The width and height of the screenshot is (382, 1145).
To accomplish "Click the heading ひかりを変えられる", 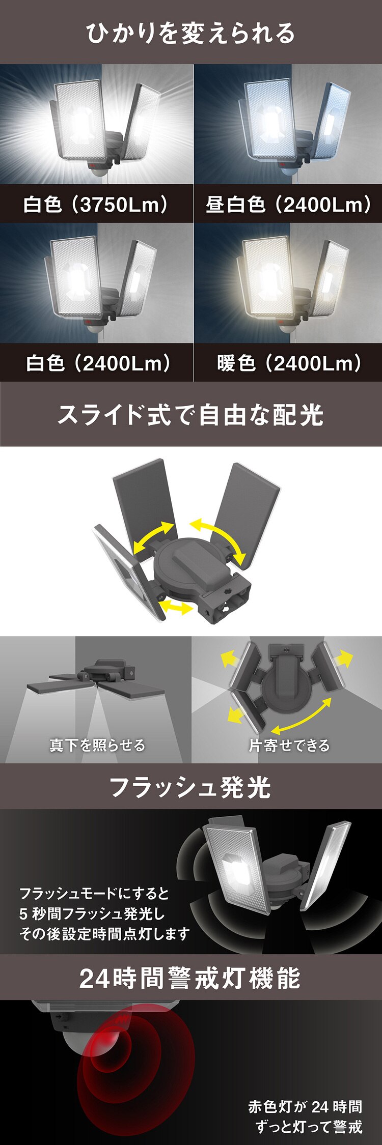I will [x=190, y=33].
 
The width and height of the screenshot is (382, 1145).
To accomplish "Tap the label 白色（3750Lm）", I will [x=96, y=205].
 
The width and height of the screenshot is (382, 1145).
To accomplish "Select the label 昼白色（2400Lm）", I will [x=288, y=205].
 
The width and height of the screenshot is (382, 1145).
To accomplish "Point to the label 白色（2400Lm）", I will [x=98, y=363].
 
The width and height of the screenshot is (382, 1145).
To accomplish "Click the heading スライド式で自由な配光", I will [x=190, y=415].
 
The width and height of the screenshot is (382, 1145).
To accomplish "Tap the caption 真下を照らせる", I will [x=97, y=745].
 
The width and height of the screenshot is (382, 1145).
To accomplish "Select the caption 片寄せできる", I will [x=289, y=745].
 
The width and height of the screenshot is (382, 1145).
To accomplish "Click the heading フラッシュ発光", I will [x=190, y=787].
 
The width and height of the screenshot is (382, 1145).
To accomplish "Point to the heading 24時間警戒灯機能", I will [x=190, y=978].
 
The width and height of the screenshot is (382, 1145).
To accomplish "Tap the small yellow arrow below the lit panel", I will [x=176, y=607].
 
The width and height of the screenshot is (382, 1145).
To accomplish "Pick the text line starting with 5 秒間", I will [x=92, y=913].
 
